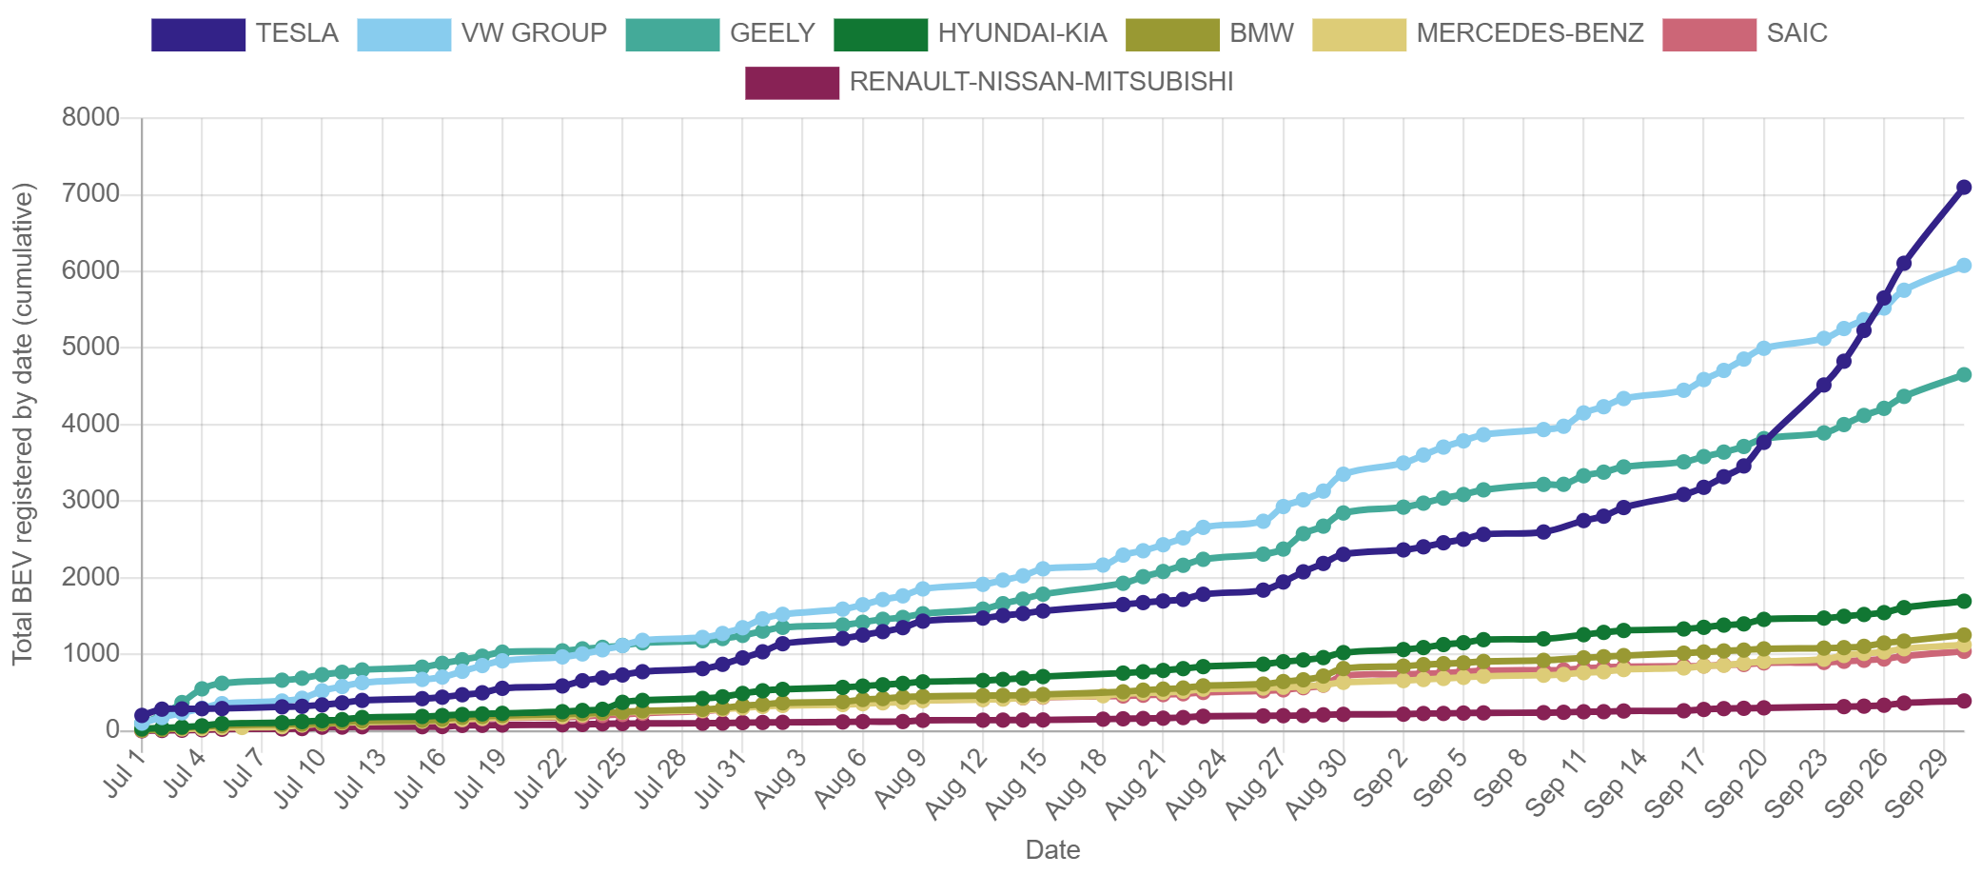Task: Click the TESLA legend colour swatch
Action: [198, 35]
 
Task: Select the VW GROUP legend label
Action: [534, 33]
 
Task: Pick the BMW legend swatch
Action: [1172, 35]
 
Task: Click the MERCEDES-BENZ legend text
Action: [1529, 33]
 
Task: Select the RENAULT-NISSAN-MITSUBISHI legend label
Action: [1040, 82]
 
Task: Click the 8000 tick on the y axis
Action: [91, 117]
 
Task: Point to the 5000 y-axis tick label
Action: [91, 347]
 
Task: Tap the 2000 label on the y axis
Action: [91, 576]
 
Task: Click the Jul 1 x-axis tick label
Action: [126, 773]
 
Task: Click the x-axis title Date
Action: [1052, 850]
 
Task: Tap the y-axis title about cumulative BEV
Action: [23, 424]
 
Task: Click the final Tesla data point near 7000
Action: [1963, 188]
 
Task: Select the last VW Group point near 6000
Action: [1963, 266]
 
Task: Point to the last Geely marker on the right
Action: [1963, 375]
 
